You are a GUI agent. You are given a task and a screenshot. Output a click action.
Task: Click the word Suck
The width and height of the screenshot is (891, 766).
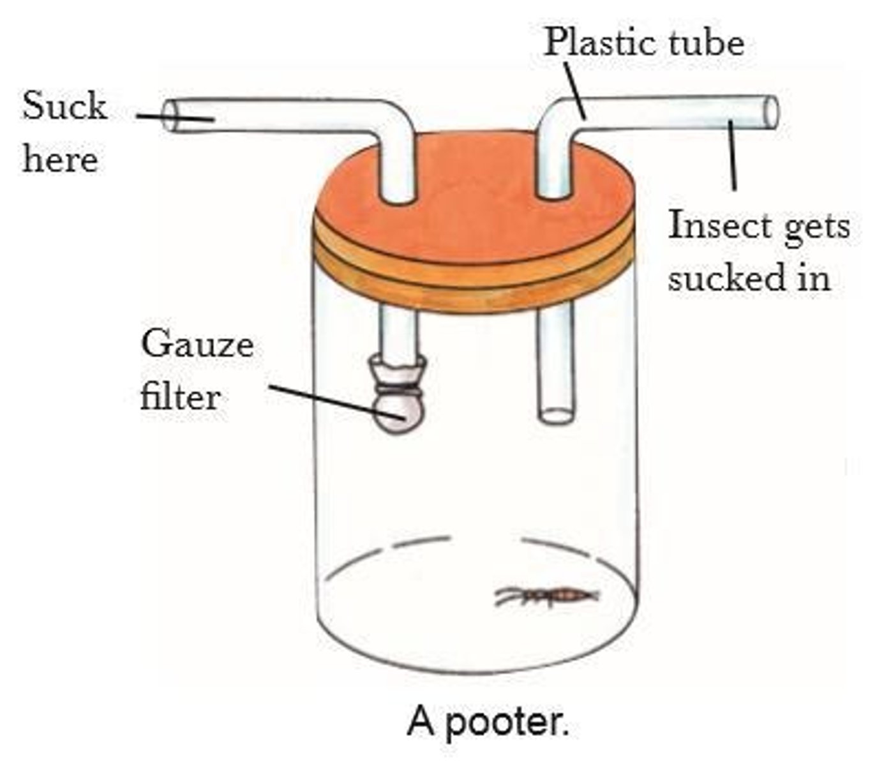[x=64, y=106]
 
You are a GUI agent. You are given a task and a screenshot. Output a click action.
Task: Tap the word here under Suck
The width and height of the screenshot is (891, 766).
[x=61, y=159]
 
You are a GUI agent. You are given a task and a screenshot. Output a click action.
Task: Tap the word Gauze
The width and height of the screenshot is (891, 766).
[x=197, y=345]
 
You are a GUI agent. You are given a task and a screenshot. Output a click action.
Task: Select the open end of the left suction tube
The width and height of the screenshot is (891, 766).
[x=170, y=117]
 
